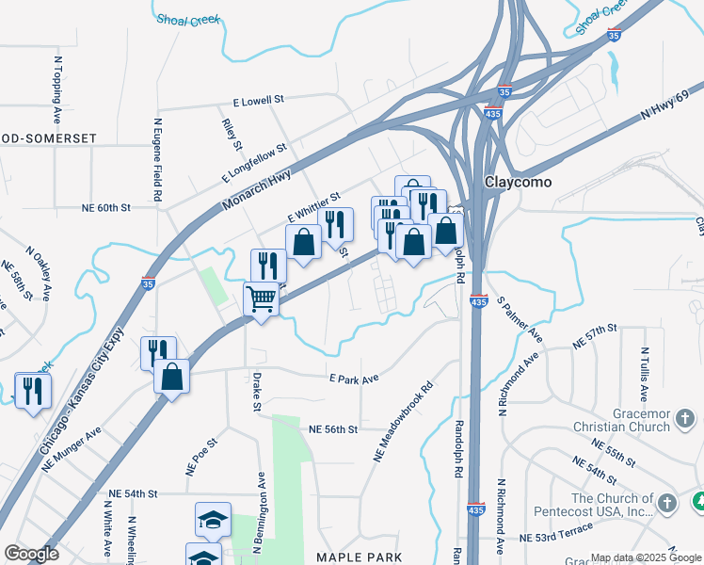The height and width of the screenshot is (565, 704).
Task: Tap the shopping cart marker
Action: (261, 300)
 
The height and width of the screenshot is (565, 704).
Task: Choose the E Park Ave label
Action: (353, 378)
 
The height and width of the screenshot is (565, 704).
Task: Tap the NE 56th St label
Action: (333, 429)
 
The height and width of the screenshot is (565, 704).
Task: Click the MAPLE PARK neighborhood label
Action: (359, 557)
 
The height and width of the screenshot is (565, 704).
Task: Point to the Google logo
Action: (31, 554)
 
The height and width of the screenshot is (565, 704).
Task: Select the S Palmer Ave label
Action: (520, 318)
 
